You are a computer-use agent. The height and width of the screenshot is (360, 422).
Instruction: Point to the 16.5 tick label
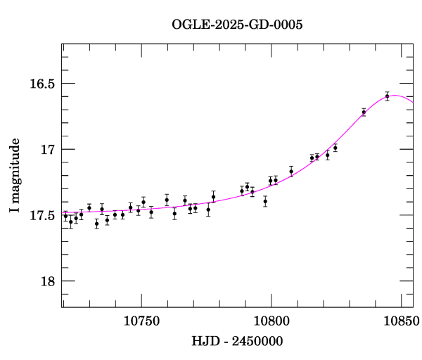[41, 84]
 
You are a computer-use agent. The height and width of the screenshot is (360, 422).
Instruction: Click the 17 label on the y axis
[47, 150]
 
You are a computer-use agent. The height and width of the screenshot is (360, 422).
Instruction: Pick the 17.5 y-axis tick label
[41, 216]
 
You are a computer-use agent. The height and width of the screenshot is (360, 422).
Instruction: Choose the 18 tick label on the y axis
[47, 281]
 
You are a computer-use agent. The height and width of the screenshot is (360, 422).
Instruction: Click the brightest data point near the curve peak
[387, 96]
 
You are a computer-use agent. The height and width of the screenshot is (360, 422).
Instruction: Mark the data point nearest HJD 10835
[364, 112]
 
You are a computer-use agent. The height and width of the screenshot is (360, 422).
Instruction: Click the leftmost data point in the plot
[65, 216]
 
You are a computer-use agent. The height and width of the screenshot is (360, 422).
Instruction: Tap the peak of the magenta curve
[395, 96]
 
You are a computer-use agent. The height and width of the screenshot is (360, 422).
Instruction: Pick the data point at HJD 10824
[335, 148]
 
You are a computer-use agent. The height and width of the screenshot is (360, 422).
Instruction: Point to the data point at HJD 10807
[291, 171]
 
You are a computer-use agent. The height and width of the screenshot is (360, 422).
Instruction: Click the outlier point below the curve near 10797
[265, 201]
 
